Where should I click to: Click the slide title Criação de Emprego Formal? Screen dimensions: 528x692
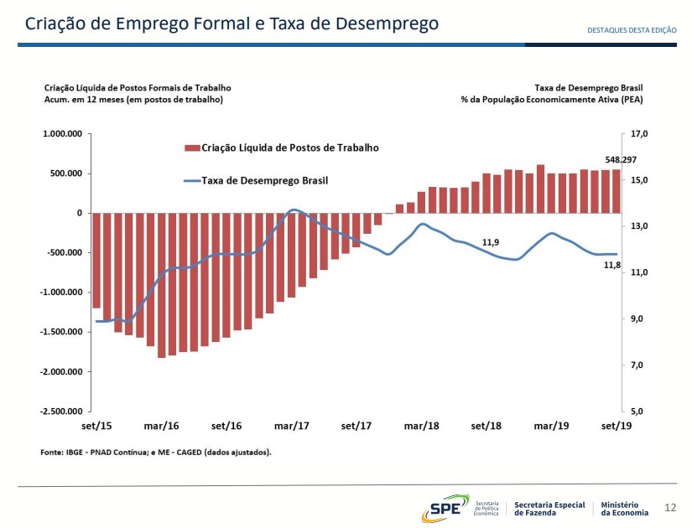tap(232, 23)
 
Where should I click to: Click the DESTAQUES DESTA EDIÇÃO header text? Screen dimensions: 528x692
tap(632, 30)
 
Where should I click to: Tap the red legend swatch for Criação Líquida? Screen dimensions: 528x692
tap(192, 148)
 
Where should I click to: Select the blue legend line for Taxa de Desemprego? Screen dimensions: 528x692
tap(191, 180)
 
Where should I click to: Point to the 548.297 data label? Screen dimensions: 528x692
tap(622, 159)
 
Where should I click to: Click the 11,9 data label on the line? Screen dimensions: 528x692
tap(491, 242)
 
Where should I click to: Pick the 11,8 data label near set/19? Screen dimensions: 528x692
tap(612, 265)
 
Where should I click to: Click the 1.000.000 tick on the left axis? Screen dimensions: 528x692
tap(62, 134)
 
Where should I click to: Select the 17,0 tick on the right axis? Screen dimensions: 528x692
tap(638, 134)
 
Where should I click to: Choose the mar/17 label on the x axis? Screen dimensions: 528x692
tap(292, 426)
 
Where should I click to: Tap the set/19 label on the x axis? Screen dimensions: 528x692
tap(617, 426)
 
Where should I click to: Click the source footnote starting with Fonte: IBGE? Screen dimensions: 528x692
tap(156, 453)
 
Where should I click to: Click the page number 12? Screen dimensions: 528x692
tap(669, 508)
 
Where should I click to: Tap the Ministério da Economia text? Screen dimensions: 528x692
tap(625, 508)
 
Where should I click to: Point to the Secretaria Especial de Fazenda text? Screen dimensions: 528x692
tap(549, 508)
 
